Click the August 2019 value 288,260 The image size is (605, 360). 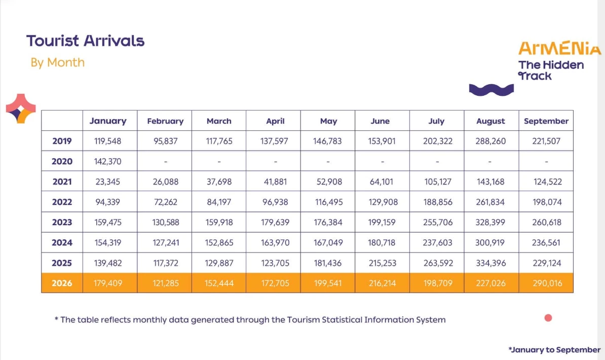click(x=490, y=141)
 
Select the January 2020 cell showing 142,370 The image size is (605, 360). click(x=107, y=161)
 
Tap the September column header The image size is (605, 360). click(x=546, y=121)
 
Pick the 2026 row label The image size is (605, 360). click(x=62, y=283)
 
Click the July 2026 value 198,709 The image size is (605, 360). click(x=438, y=283)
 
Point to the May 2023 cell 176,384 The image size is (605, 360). click(x=328, y=223)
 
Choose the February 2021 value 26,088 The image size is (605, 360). click(x=166, y=182)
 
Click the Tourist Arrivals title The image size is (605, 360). click(x=85, y=41)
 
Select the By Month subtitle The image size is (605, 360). click(x=57, y=62)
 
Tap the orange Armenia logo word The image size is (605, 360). click(x=559, y=49)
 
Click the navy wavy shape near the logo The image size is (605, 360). click(x=491, y=90)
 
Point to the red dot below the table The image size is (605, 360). click(x=548, y=318)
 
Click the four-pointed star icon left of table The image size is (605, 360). click(x=21, y=109)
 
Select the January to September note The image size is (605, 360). click(x=554, y=350)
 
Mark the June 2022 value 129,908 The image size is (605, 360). click(x=383, y=202)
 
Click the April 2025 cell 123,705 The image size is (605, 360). click(x=275, y=263)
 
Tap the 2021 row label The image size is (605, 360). click(x=62, y=182)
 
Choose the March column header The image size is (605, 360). click(x=219, y=121)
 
